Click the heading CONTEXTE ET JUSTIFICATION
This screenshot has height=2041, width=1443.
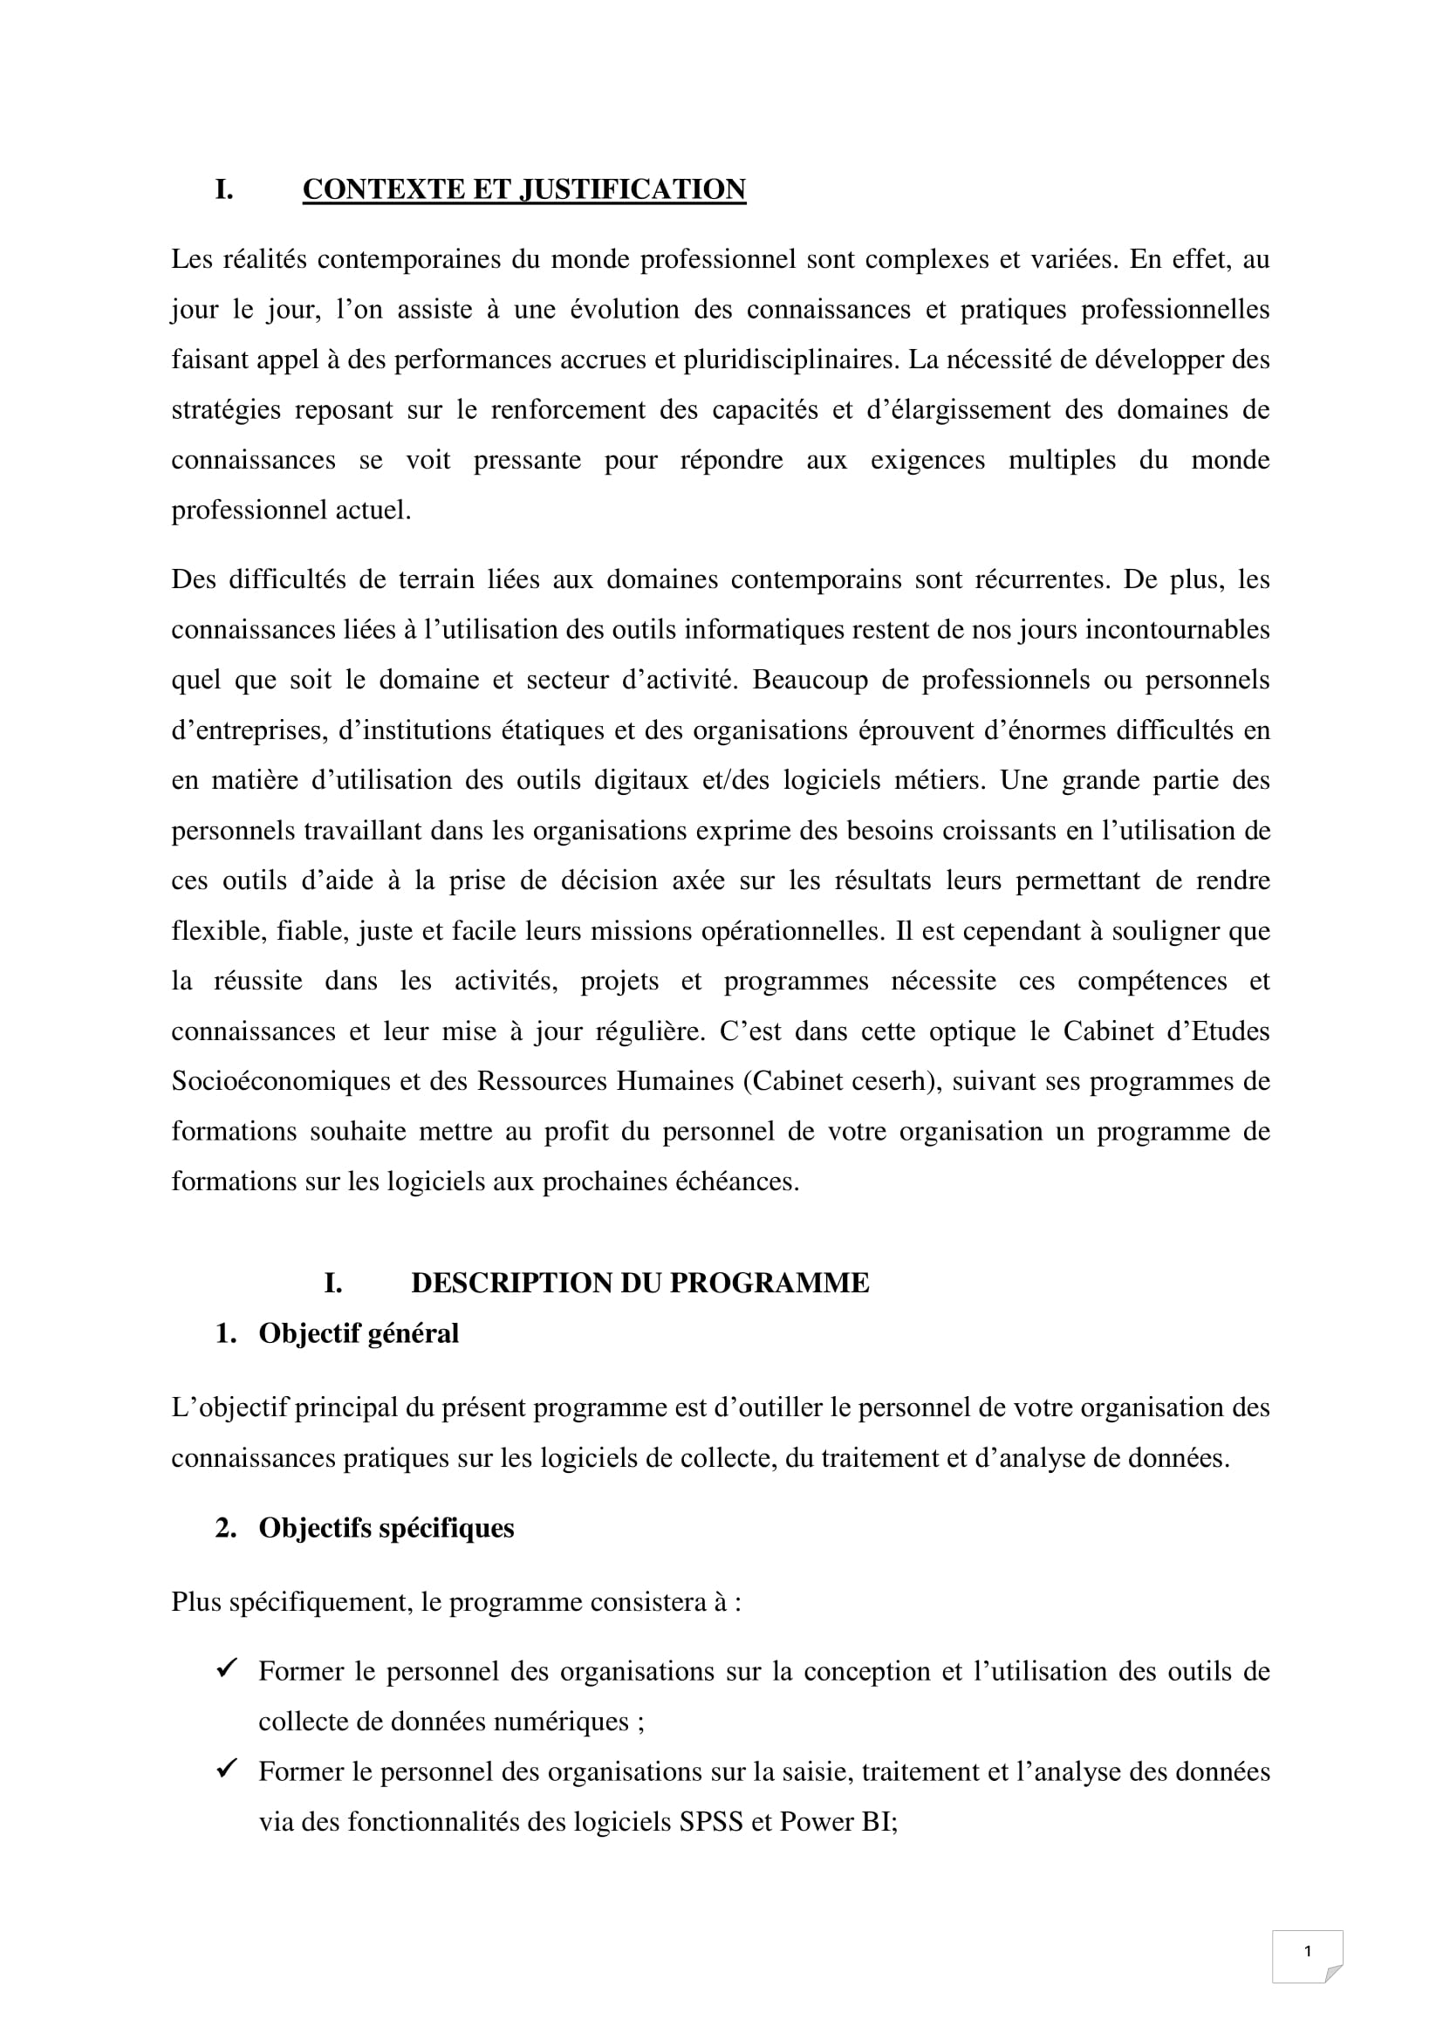point(523,189)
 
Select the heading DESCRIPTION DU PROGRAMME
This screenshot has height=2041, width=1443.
point(639,1283)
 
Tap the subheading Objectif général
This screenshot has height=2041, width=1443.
point(358,1333)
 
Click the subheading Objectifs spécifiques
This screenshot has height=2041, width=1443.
point(386,1528)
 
